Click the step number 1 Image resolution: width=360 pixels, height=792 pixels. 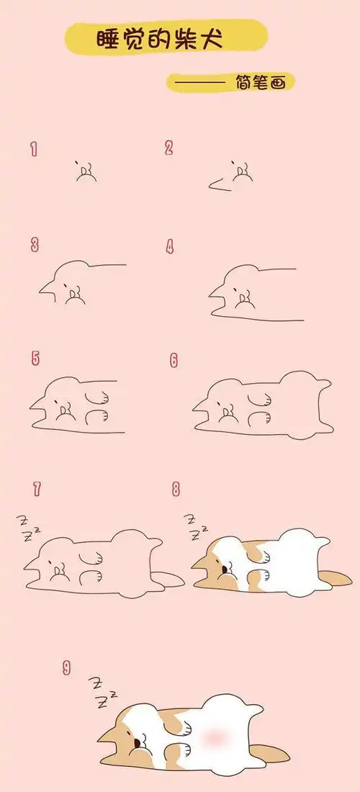(34, 149)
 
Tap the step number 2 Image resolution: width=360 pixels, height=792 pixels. (169, 148)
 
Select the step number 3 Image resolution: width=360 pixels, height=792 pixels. (35, 246)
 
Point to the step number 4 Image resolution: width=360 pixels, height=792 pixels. (171, 247)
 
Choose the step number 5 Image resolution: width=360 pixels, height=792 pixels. (35, 358)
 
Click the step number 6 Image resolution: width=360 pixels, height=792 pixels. (174, 359)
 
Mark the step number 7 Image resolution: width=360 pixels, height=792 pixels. (36, 490)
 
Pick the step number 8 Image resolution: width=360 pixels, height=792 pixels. (176, 490)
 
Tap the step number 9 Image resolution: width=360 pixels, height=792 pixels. (66, 667)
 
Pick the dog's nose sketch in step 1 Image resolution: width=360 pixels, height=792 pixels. (86, 171)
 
